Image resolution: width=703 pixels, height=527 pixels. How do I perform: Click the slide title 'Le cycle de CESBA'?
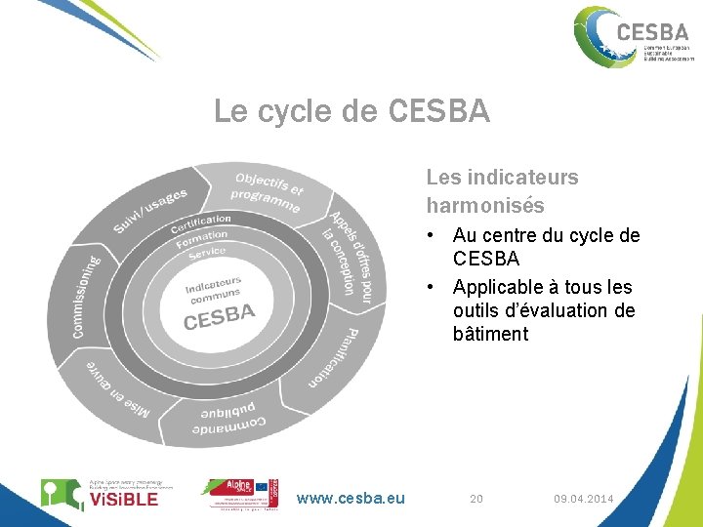click(x=351, y=112)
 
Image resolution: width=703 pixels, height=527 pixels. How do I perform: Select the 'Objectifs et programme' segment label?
click(x=268, y=193)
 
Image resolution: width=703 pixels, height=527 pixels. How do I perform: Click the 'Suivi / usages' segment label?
click(x=150, y=211)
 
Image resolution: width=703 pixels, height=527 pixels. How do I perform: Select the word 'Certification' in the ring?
click(x=201, y=223)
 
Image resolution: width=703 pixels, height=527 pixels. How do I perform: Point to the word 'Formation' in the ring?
click(x=202, y=238)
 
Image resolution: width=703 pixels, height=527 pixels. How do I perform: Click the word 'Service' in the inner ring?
click(x=207, y=253)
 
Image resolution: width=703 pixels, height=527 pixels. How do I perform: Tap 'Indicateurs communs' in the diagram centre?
click(x=215, y=290)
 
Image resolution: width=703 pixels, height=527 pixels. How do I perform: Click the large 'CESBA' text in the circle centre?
click(x=220, y=317)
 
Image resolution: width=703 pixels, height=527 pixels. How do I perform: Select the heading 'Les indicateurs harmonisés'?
click(x=502, y=191)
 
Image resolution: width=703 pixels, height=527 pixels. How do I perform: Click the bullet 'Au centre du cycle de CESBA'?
click(x=546, y=247)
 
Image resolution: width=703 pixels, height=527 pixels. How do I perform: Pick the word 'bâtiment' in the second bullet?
click(x=490, y=334)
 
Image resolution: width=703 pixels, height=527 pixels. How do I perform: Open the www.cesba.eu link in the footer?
click(x=351, y=499)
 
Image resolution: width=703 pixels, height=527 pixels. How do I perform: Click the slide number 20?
click(x=476, y=499)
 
